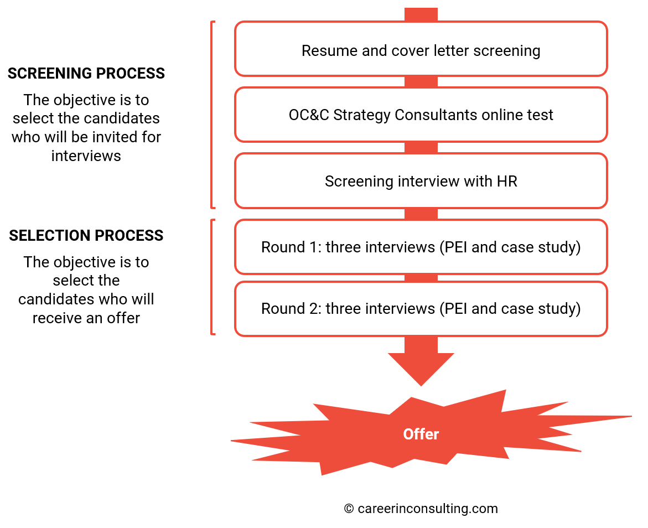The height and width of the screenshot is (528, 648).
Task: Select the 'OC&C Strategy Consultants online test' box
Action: tap(421, 115)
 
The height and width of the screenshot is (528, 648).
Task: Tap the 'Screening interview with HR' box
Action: tap(421, 181)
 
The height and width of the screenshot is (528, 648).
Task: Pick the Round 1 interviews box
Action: tap(421, 247)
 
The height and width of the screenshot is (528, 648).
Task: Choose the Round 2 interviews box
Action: tap(421, 308)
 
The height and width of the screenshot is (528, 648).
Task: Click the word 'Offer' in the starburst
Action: tap(421, 434)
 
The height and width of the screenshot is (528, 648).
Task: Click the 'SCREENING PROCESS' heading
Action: tap(86, 74)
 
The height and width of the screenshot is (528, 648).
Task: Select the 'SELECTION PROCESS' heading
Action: tap(86, 236)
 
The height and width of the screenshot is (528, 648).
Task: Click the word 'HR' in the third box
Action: tap(506, 182)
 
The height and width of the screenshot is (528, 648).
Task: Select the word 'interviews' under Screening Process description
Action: tap(86, 156)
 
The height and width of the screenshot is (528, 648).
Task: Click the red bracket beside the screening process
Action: tap(212, 115)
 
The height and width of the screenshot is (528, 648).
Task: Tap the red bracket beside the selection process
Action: tap(212, 277)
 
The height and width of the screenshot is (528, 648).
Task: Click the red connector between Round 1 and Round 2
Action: tap(421, 278)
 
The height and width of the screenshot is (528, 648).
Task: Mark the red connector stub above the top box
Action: tap(421, 15)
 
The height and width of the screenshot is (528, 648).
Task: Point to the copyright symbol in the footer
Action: tap(349, 509)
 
